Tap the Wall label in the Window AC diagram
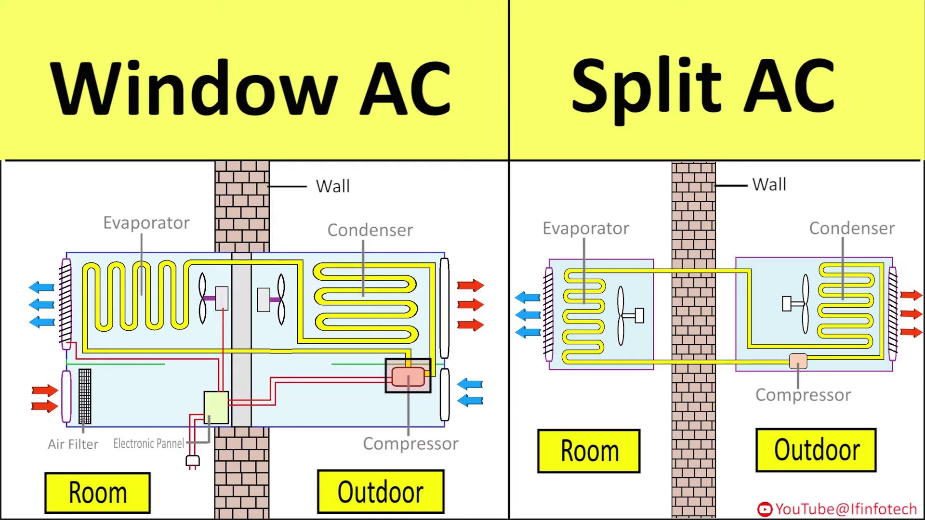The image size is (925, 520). pos(332,186)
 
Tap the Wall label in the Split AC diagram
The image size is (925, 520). pos(769,184)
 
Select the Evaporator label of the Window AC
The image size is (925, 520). pos(146,223)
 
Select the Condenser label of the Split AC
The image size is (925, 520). pos(852,228)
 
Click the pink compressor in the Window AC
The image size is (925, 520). pos(408,377)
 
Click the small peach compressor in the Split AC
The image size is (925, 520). pos(798,361)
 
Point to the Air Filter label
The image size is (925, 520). pos(73,444)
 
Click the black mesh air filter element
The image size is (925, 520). pos(85,396)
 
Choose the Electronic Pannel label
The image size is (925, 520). pos(148,443)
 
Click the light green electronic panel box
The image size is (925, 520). pos(216,407)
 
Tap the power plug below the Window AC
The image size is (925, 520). pos(193,461)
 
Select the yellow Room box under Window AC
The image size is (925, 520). pos(98,493)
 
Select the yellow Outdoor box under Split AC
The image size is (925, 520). pos(816,450)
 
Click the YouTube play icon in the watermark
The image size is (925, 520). pos(765,509)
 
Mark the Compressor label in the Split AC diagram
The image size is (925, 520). pos(803,395)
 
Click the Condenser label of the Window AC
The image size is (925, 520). pos(370,230)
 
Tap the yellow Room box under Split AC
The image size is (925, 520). pos(589,451)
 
